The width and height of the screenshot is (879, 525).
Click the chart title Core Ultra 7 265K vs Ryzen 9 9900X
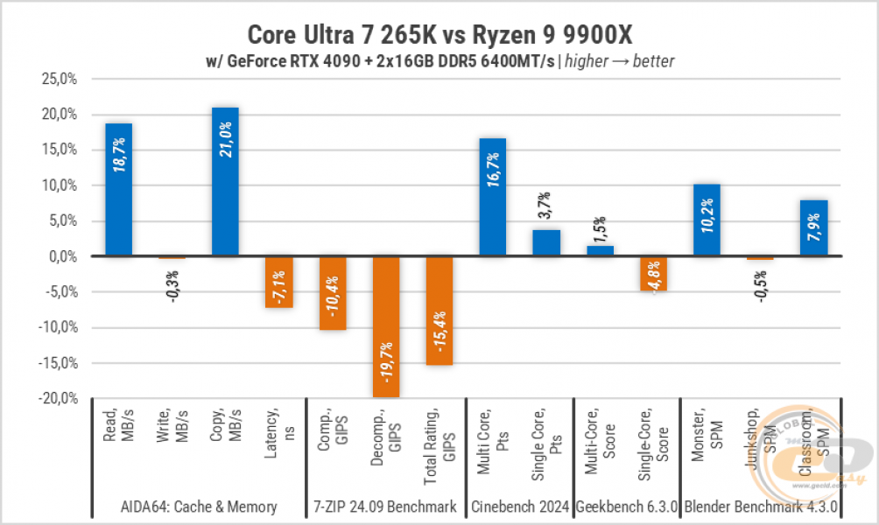pos(439,35)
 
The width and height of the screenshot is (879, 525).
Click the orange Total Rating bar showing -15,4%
pos(439,311)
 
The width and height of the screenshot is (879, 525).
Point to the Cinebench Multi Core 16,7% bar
pos(492,197)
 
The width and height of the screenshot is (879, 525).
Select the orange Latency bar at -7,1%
pos(278,282)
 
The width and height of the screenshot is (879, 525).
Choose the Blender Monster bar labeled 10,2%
pos(706,220)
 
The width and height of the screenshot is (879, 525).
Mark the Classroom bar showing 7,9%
pos(813,228)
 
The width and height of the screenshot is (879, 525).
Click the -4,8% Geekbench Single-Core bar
pos(652,273)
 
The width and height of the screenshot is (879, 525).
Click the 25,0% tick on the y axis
pos(60,79)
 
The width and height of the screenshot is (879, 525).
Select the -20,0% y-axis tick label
pos(59,398)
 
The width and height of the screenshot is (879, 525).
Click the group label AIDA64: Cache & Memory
pos(198,506)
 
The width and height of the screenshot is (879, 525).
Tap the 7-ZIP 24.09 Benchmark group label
pos(386,506)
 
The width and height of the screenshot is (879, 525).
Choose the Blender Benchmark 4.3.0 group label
pos(760,506)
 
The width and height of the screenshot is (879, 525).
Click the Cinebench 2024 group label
pos(519,506)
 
